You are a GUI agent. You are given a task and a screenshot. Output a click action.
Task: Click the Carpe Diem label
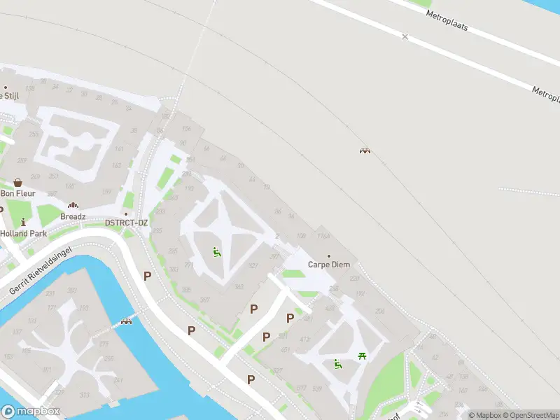pos(328,265)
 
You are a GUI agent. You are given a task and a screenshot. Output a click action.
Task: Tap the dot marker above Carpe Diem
pos(329,255)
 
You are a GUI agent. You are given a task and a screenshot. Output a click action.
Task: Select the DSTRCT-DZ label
pos(126,223)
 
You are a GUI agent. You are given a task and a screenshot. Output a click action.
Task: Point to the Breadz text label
pos(73,216)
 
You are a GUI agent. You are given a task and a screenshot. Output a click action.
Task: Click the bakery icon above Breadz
pos(73,206)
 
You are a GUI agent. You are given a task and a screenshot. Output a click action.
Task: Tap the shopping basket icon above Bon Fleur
pos(17,182)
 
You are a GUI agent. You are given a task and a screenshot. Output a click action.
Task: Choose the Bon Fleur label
pos(17,192)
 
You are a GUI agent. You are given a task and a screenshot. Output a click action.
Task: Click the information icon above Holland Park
pos(23,222)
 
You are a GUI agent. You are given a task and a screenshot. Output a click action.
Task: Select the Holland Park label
pos(23,233)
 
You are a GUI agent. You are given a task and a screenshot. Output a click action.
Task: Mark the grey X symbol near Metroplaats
pos(405,36)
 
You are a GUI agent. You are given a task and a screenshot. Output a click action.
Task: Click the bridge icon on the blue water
pos(127,322)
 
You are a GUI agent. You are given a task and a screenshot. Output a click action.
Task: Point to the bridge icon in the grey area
pos(365,150)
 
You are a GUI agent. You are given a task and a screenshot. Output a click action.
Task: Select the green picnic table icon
pos(362,356)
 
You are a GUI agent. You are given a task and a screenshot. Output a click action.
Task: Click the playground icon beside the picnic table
pos(338,363)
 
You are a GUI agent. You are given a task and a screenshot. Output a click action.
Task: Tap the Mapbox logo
pos(31,412)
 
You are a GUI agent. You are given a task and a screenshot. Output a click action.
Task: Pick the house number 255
pos(33,134)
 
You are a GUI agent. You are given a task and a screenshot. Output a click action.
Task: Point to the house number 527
pos(278,371)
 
